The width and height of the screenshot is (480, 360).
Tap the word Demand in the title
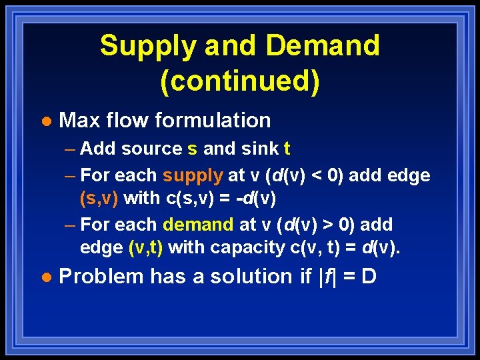(322, 47)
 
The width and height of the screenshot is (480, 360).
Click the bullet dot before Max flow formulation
(46, 121)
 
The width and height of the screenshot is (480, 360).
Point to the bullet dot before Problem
(46, 277)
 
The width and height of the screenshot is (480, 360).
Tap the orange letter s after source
(192, 149)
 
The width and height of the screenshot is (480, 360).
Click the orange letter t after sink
(287, 149)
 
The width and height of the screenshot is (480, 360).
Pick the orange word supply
(193, 176)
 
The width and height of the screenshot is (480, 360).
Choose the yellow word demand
(198, 225)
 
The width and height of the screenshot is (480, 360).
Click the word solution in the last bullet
(253, 276)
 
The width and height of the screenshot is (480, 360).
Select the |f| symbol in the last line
(327, 276)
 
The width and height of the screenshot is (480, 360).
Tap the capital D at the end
(369, 276)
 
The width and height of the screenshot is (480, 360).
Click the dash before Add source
(71, 149)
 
